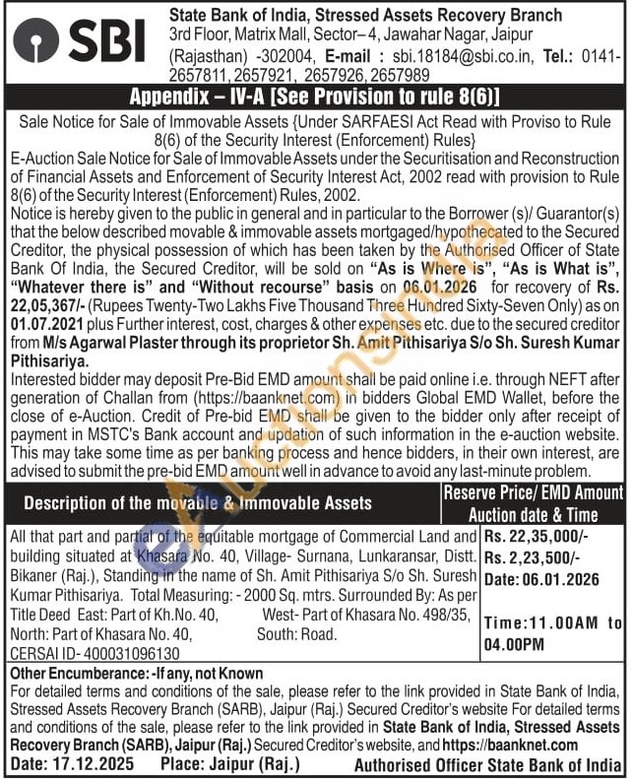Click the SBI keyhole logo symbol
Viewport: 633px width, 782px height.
[x=36, y=41]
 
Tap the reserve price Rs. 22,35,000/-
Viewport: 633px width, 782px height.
[x=536, y=537]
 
